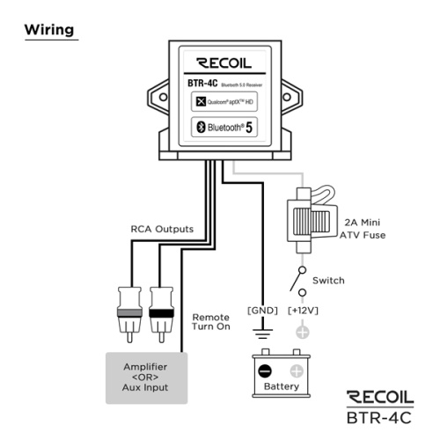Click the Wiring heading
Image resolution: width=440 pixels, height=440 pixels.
[49, 30]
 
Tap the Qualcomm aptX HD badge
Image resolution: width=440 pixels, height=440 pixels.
[224, 101]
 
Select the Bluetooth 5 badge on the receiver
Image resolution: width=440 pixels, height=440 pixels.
[224, 127]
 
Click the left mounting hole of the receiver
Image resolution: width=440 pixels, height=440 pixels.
[163, 97]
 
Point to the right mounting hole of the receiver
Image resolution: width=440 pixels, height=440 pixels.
[287, 97]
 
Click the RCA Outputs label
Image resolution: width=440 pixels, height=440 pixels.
[162, 229]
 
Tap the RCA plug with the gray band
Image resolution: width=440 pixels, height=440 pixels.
[129, 314]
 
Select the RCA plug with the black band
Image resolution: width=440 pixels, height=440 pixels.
[161, 314]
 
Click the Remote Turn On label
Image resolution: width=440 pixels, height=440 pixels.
[211, 322]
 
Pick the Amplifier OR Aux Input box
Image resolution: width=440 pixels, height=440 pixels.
[146, 378]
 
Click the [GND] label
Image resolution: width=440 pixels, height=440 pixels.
[262, 311]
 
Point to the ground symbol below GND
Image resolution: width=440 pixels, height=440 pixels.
[262, 334]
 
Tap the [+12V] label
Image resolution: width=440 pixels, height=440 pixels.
[303, 311]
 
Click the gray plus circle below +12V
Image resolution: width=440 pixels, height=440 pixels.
[303, 333]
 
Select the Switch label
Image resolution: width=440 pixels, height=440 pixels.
[328, 281]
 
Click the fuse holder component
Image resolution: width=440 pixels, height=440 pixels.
[312, 220]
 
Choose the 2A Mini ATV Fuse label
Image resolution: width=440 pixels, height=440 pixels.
[363, 229]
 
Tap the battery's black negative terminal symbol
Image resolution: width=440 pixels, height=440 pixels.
[265, 370]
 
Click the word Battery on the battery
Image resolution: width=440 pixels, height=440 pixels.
[282, 386]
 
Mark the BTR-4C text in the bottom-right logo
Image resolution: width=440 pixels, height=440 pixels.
[379, 418]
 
